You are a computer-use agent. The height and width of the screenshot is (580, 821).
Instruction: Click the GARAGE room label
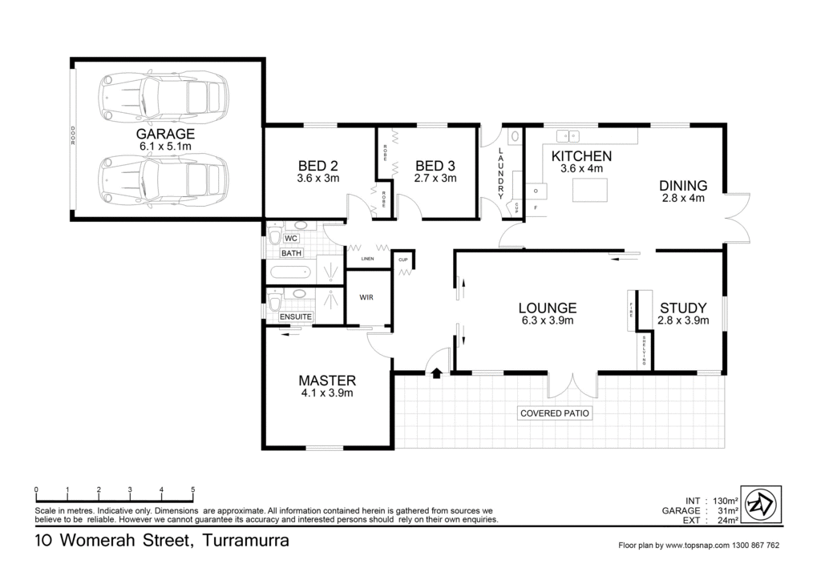165,135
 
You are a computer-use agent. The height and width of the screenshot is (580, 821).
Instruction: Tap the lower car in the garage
163,180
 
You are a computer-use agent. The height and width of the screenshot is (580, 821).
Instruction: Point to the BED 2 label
317,166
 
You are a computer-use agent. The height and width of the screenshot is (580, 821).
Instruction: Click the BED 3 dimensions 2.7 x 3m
435,179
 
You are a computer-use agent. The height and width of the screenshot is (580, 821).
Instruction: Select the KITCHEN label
582,156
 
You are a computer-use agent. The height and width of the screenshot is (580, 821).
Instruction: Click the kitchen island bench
590,190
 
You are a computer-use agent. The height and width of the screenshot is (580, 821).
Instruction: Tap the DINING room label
683,185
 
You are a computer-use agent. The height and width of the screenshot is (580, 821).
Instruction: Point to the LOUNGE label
547,308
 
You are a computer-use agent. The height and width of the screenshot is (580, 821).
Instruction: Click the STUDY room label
683,308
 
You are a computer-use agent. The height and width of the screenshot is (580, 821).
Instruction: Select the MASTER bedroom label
327,381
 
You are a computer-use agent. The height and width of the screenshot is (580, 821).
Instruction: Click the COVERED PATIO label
555,413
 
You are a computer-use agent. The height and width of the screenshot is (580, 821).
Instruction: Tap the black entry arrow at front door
436,373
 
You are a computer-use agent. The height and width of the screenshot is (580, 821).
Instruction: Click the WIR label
366,297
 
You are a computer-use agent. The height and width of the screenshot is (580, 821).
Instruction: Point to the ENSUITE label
295,317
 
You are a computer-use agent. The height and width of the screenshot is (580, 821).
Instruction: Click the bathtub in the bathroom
289,272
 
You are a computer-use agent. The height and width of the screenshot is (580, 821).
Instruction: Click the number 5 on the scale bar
192,489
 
